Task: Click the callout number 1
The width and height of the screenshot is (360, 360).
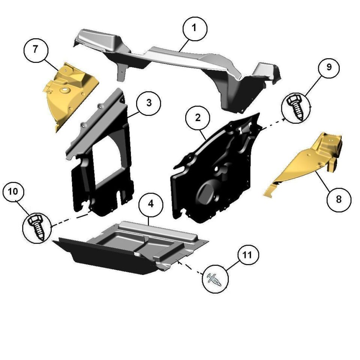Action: pyautogui.click(x=195, y=29)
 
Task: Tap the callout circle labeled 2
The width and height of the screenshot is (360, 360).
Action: pyautogui.click(x=198, y=118)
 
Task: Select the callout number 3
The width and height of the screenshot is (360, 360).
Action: pyautogui.click(x=148, y=103)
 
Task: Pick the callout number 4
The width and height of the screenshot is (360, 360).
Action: pyautogui.click(x=151, y=204)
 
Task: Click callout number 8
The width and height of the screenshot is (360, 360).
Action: pyautogui.click(x=339, y=199)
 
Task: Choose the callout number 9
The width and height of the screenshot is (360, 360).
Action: pyautogui.click(x=329, y=67)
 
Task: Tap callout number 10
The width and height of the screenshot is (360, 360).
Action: pyautogui.click(x=13, y=192)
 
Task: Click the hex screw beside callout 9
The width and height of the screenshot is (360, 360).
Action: pyautogui.click(x=295, y=108)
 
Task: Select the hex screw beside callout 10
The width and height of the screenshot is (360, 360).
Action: pyautogui.click(x=36, y=227)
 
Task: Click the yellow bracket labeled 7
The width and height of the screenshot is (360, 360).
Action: pyautogui.click(x=69, y=94)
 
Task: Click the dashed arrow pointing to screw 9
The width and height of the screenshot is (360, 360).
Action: pyautogui.click(x=273, y=123)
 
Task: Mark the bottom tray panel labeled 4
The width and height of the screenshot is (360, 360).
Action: pyautogui.click(x=131, y=247)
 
